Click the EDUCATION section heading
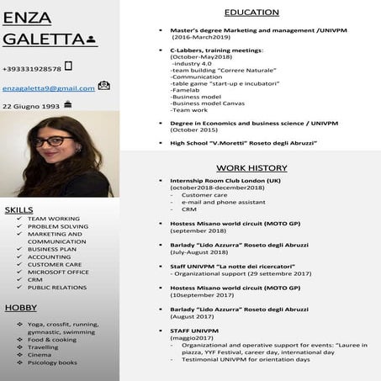251,13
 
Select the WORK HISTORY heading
251,167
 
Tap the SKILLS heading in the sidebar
19,209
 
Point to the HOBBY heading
20,307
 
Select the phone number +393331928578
31,68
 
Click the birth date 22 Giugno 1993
31,107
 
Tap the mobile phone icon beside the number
68,66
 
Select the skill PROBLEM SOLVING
57,226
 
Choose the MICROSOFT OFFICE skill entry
58,272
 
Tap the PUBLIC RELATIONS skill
57,287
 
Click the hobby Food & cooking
52,339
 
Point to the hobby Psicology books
52,362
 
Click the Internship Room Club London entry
225,180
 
